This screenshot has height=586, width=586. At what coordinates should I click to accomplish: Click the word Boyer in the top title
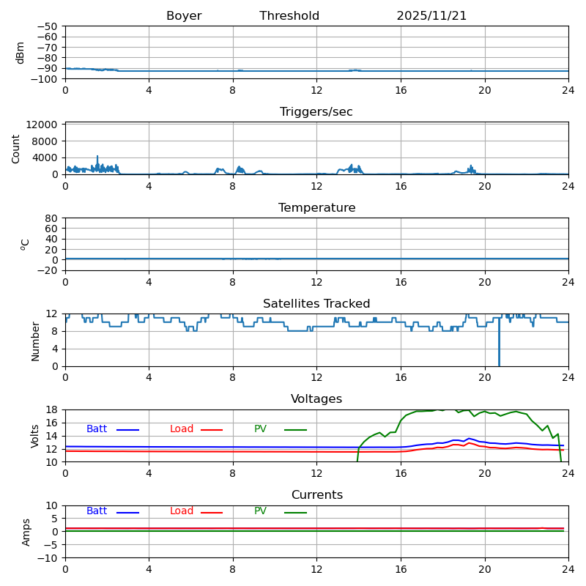184,16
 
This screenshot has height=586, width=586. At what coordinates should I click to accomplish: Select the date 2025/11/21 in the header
431,16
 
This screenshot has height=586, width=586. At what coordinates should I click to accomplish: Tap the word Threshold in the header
289,16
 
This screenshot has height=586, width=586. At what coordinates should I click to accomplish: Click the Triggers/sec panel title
316,112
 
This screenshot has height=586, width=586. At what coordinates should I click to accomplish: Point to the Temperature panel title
316,208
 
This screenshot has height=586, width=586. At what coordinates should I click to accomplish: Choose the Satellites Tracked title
316,304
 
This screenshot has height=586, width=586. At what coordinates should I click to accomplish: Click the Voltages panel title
316,399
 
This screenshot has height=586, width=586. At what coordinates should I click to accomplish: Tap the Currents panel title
316,495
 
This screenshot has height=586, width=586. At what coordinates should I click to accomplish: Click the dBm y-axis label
21,52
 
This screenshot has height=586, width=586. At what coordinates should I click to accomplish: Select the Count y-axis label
17,148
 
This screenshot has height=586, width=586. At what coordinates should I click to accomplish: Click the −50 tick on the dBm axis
47,26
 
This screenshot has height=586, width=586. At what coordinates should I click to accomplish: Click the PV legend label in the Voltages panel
262,429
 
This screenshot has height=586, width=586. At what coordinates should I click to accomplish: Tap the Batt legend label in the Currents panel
97,511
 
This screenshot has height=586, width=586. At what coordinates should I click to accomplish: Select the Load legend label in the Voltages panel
182,429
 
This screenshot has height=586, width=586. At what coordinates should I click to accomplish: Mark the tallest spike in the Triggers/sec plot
97,157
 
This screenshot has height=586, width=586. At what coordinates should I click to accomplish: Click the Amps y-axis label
26,531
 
